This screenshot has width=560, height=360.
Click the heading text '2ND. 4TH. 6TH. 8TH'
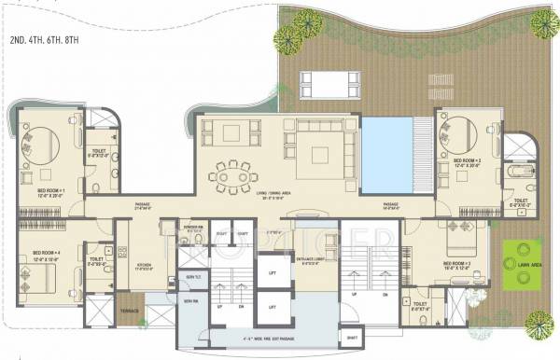[x=50, y=39]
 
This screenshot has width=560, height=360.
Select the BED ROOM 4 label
[x=47, y=255]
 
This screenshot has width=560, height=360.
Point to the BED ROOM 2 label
[x=467, y=161]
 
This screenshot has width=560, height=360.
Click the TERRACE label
[x=129, y=308]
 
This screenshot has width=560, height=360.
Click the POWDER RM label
[x=194, y=229]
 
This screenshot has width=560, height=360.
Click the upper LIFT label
[x=272, y=272]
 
